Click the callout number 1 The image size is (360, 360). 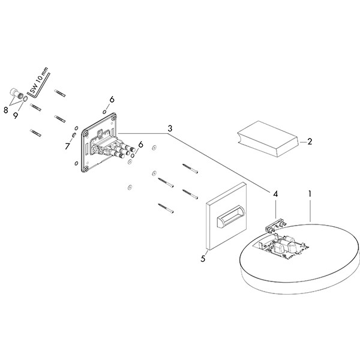pyautogui.click(x=310, y=194)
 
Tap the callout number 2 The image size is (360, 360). pyautogui.click(x=310, y=142)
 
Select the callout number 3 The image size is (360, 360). pyautogui.click(x=170, y=128)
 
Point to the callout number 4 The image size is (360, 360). pyautogui.click(x=275, y=194)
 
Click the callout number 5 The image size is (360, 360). pyautogui.click(x=203, y=259)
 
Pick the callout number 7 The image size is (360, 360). pyautogui.click(x=67, y=146)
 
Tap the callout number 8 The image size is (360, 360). pyautogui.click(x=6, y=110)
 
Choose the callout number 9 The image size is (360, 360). pyautogui.click(x=16, y=115)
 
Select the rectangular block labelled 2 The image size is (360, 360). pyautogui.click(x=269, y=139)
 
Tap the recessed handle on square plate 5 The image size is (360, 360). pyautogui.click(x=231, y=217)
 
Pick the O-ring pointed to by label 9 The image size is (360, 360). pyautogui.click(x=25, y=99)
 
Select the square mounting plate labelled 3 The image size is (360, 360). pyautogui.click(x=99, y=142)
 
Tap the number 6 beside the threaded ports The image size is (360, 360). pyautogui.click(x=141, y=145)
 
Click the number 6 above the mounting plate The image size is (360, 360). pyautogui.click(x=112, y=100)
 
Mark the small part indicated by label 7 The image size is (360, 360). pyautogui.click(x=74, y=135)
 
